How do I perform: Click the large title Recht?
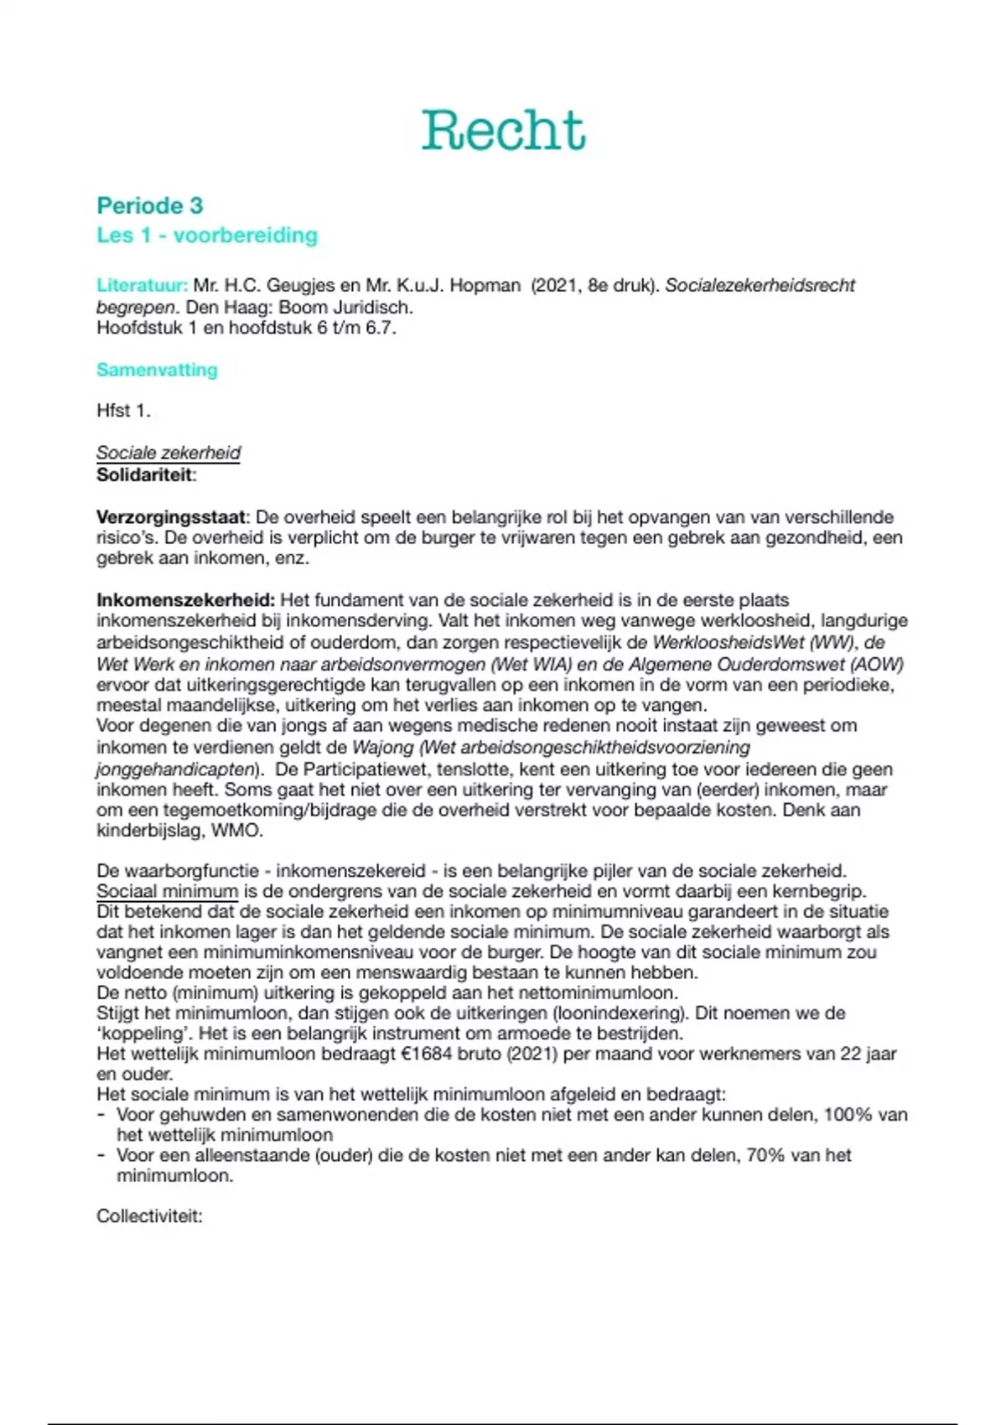tap(503, 131)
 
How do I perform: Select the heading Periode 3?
tap(150, 205)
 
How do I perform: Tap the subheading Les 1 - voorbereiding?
tap(207, 235)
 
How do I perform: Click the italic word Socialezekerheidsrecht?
tap(760, 285)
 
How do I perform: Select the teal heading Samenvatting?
tap(157, 370)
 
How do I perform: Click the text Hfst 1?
tap(123, 411)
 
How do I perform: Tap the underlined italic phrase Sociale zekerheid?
tap(169, 453)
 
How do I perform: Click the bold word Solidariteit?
tap(145, 474)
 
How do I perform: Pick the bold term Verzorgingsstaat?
tap(171, 517)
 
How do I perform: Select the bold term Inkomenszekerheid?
tap(184, 600)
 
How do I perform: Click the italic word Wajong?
tap(382, 747)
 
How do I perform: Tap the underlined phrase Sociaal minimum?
tap(167, 891)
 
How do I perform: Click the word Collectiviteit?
tap(149, 1216)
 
